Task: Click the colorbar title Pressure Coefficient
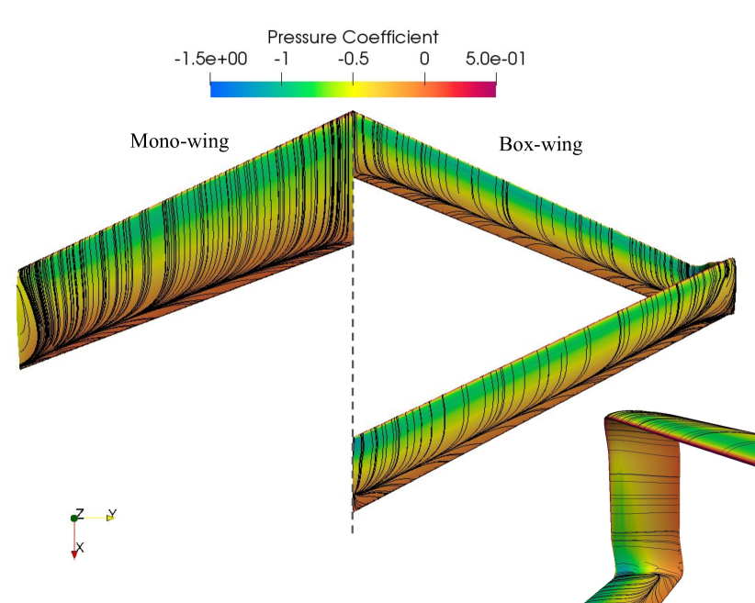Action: [353, 38]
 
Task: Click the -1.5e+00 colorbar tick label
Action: [210, 59]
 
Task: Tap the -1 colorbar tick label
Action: [281, 59]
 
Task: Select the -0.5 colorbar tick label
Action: [353, 59]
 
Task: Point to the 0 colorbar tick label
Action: [424, 59]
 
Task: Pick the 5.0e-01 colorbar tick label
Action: [495, 59]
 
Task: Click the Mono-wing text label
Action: [180, 141]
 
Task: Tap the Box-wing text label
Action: [541, 144]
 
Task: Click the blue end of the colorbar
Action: [212, 90]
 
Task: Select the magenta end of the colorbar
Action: [494, 90]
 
